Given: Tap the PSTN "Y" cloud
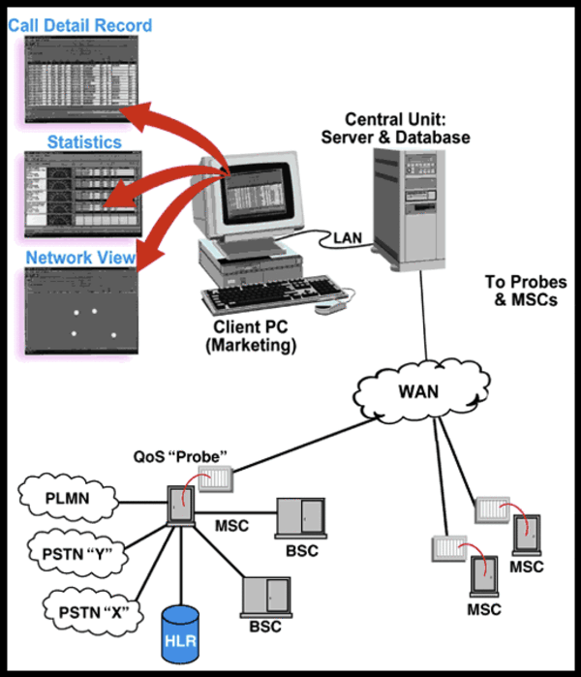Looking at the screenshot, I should tap(81, 553).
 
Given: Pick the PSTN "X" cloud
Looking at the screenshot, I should tap(88, 610).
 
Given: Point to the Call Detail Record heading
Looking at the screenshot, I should tap(80, 24).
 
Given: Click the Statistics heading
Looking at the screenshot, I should tap(84, 142).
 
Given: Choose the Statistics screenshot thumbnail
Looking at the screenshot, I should tap(82, 194).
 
